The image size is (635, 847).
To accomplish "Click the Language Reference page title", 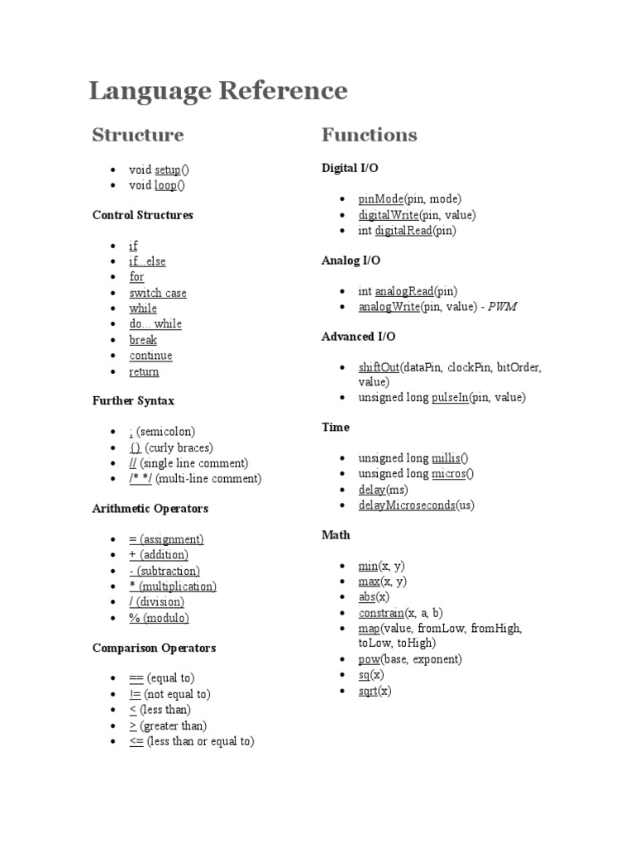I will (218, 91).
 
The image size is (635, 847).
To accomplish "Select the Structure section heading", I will (138, 135).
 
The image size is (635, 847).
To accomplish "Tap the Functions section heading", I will (369, 135).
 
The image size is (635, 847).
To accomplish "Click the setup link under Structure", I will (167, 170).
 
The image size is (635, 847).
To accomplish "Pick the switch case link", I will (158, 293).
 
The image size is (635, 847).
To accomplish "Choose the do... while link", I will (155, 324).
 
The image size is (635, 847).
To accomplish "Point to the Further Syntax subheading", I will (133, 401).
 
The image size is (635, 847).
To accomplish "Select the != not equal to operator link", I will (136, 695).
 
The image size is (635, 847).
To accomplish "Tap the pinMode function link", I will (380, 199).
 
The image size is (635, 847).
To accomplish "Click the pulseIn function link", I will (450, 398).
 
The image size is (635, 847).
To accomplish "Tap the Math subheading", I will (336, 535).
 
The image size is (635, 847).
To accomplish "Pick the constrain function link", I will (381, 613).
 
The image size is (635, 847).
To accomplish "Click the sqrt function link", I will (368, 691).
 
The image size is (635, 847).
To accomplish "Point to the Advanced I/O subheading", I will (358, 337).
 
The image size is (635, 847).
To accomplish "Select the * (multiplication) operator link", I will (173, 586).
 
